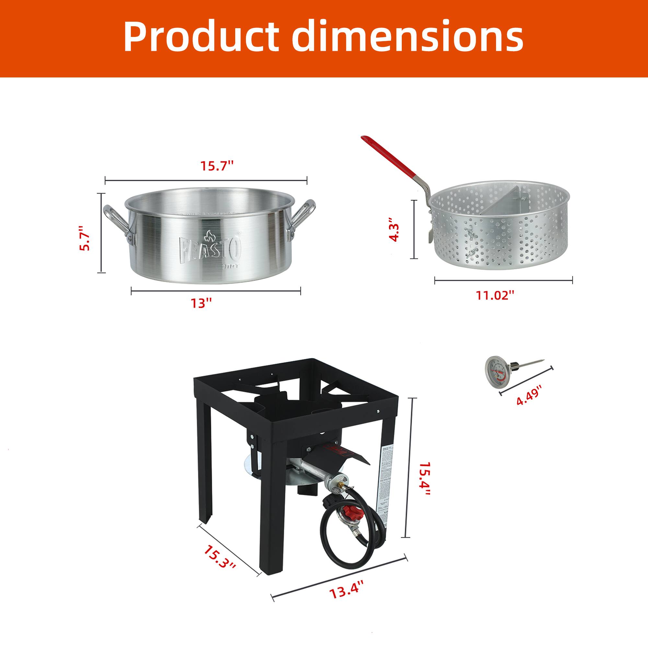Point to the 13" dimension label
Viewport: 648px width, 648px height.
click(x=202, y=304)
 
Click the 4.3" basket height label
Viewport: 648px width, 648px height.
click(x=395, y=229)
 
